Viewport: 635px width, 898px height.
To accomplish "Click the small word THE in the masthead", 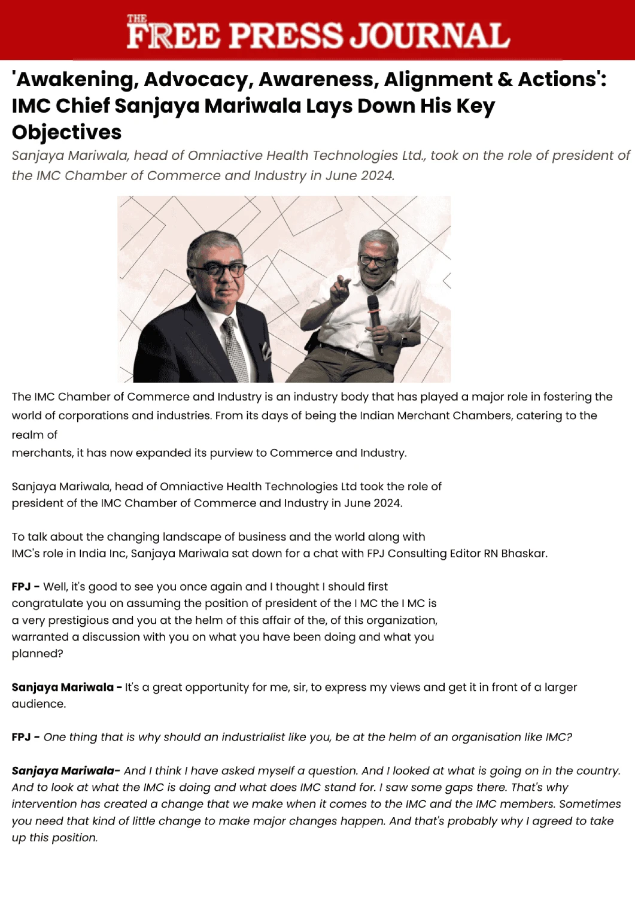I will [137, 19].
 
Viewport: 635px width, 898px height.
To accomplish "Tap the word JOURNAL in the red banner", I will [430, 36].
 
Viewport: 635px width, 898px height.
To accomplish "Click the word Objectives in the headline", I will [66, 132].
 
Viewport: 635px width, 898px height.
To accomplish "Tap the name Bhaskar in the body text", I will [524, 554].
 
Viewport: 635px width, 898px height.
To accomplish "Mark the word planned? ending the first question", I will [37, 654].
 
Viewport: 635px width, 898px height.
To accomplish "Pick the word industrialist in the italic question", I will [253, 738].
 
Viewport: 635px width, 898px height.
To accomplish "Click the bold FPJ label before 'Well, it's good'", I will [22, 587].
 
